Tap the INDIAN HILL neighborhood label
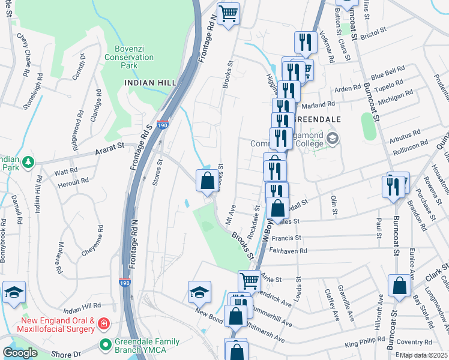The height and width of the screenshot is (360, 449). (x=142, y=82)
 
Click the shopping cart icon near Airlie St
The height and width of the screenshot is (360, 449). (x=250, y=280)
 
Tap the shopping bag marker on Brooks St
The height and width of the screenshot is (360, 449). (x=207, y=180)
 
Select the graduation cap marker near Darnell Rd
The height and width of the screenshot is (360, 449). (x=13, y=292)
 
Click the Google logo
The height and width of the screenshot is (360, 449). (x=20, y=353)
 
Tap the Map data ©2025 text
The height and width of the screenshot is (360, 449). (x=423, y=355)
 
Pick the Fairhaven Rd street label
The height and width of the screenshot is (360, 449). (x=288, y=251)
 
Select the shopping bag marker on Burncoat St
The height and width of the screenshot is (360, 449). (x=399, y=287)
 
